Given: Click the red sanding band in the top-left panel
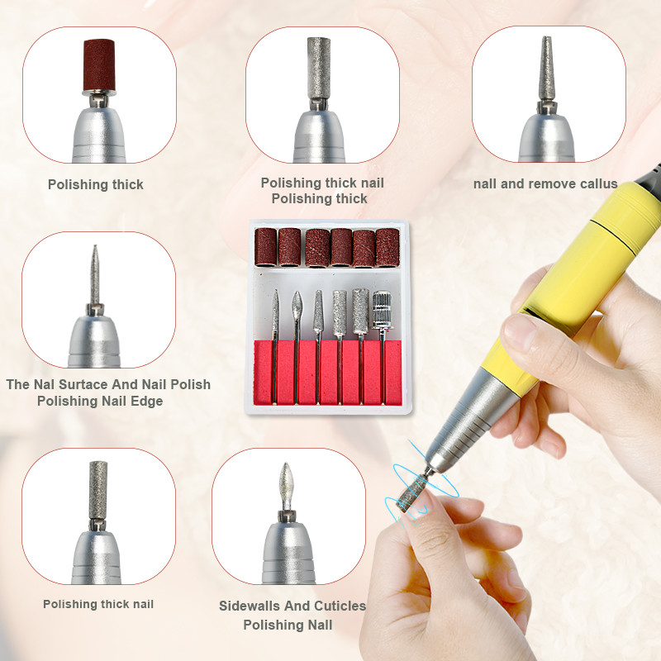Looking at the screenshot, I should tap(97, 64).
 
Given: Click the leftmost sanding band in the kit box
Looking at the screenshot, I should tap(266, 246).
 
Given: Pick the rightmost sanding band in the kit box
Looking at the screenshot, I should tap(388, 246).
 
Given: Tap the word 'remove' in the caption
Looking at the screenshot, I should tap(548, 183).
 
